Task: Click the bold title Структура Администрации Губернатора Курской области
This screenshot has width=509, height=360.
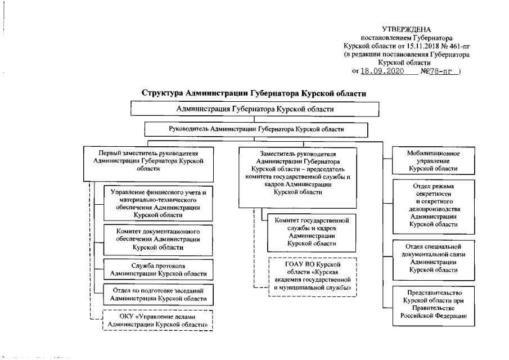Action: pos(254,93)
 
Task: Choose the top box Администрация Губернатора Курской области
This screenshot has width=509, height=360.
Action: pos(255,109)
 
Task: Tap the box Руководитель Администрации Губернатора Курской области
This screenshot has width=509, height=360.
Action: pos(256,129)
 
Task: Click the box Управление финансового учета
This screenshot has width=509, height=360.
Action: pos(159,204)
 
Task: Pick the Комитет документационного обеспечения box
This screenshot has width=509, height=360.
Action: pos(159,239)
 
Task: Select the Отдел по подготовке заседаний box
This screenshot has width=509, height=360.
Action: pos(159,294)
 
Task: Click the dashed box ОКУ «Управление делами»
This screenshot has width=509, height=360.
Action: pos(158,321)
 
